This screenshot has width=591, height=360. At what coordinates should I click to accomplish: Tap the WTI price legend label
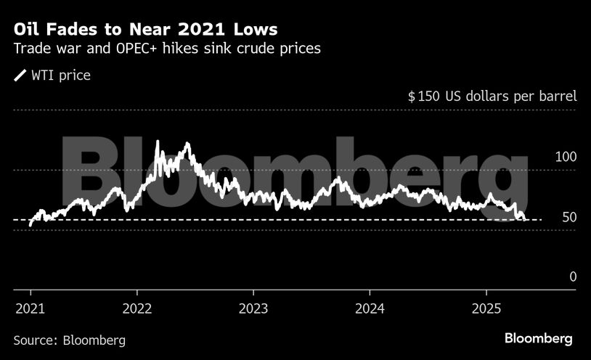[x=61, y=75]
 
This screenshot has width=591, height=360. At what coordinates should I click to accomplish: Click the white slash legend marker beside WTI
[x=20, y=75]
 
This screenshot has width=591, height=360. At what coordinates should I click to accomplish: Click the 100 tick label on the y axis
[x=565, y=157]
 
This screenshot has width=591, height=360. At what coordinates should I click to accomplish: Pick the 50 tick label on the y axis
[x=568, y=217]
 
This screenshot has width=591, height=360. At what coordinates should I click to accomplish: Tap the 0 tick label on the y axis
[x=572, y=277]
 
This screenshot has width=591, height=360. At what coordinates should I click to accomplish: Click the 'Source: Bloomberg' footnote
[x=70, y=340]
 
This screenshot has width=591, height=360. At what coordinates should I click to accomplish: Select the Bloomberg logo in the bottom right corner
[x=538, y=339]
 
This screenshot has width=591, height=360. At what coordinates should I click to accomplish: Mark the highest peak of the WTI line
[x=158, y=141]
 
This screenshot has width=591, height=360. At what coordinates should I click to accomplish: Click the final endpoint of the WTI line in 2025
[x=525, y=218]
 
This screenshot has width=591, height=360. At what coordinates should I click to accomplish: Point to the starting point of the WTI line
[x=30, y=225]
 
